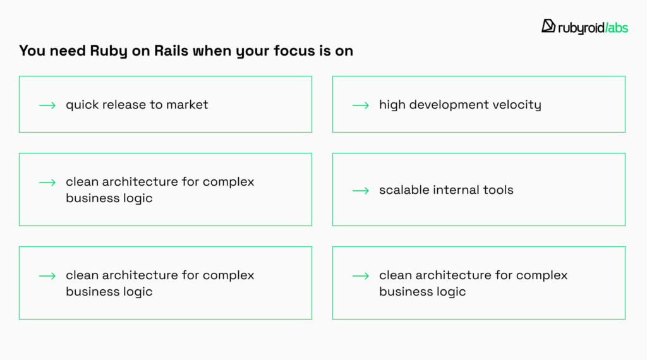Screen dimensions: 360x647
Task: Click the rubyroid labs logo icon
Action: tap(548, 26)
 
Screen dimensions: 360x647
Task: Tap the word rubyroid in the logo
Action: tap(579, 27)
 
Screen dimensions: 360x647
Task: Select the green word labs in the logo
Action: tap(616, 27)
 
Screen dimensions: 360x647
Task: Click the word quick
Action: tap(82, 105)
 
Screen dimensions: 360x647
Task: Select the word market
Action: tap(187, 105)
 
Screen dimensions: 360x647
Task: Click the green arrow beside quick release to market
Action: tap(47, 105)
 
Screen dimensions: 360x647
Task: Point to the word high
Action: tap(392, 105)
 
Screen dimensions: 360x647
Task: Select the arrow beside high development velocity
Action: tap(361, 105)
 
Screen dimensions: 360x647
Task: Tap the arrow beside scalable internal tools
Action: tap(361, 190)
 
